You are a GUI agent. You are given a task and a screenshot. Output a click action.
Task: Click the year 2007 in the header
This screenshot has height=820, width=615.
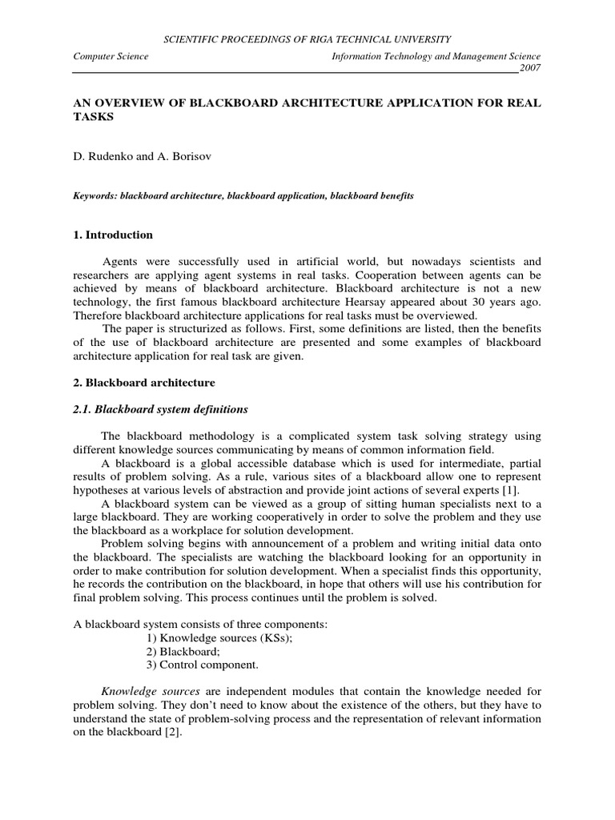click(x=529, y=68)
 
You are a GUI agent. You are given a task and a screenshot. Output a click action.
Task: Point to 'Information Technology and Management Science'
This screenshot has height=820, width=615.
click(x=436, y=56)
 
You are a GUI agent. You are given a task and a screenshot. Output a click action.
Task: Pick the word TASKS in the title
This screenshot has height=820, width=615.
click(x=94, y=116)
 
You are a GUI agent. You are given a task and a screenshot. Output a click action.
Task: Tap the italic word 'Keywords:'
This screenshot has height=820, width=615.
click(x=96, y=196)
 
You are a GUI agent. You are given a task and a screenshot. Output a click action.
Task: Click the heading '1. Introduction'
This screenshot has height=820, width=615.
click(x=113, y=235)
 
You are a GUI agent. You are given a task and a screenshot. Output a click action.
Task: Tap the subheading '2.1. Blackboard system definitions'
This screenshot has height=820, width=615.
click(x=160, y=409)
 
